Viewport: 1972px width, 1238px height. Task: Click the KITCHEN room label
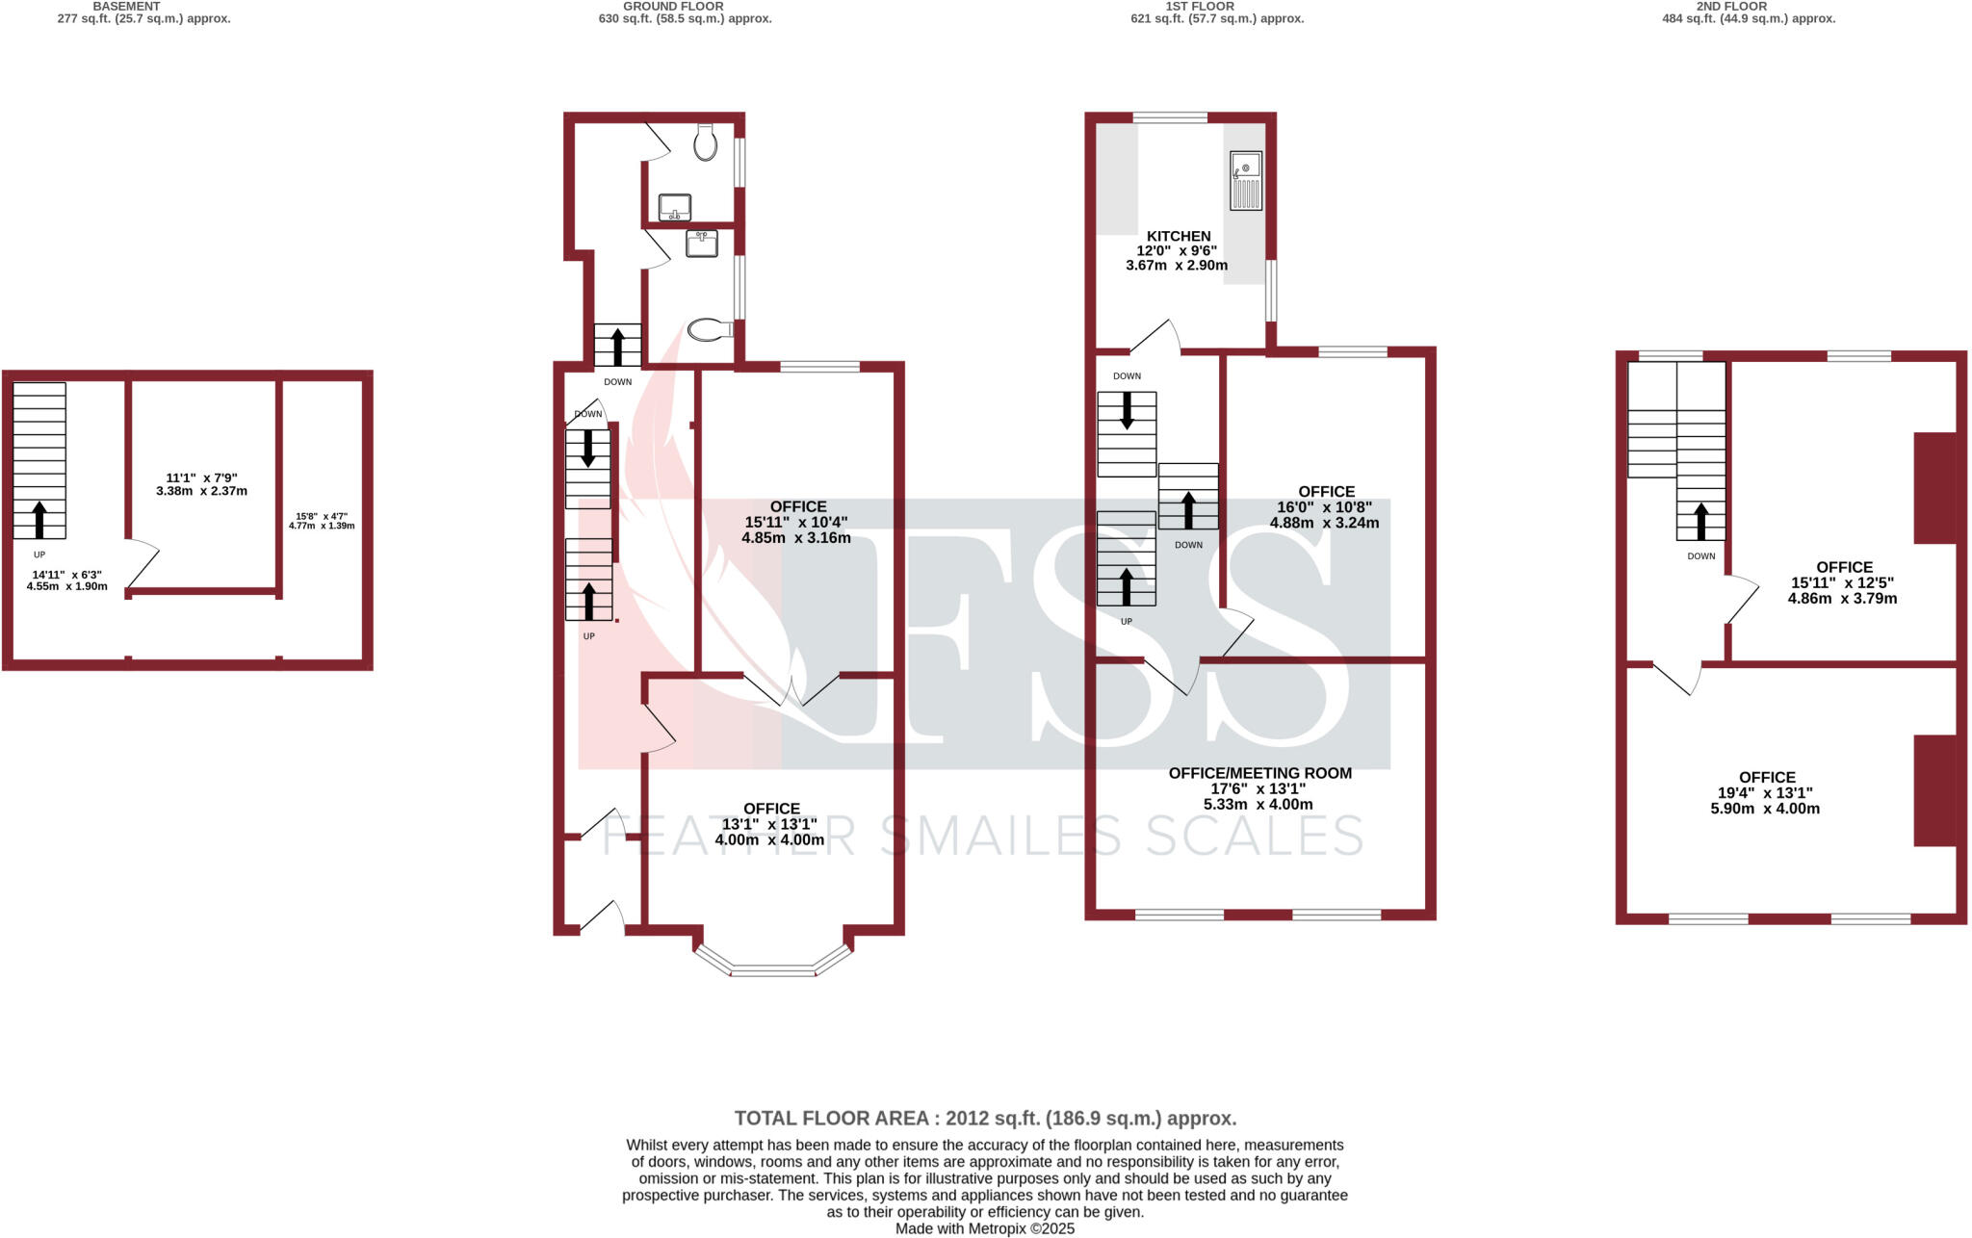pos(1178,236)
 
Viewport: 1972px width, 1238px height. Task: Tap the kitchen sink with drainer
pos(1245,181)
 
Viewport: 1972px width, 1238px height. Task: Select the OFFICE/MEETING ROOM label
pos(1259,773)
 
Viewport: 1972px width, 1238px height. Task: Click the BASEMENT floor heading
pos(126,6)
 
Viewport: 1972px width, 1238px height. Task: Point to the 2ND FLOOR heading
pos(1731,6)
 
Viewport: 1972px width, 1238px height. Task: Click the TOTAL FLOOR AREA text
pos(985,1119)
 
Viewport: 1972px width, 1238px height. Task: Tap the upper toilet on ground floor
pos(706,143)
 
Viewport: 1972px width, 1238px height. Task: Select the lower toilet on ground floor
pos(710,330)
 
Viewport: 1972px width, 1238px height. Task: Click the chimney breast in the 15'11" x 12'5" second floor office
pos(1935,488)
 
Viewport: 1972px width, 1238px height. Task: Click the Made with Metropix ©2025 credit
pos(985,1229)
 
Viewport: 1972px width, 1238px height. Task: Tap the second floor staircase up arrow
pos(1700,520)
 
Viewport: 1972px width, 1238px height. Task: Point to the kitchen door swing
pos(1155,336)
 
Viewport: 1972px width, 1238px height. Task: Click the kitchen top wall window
pos(1170,117)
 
